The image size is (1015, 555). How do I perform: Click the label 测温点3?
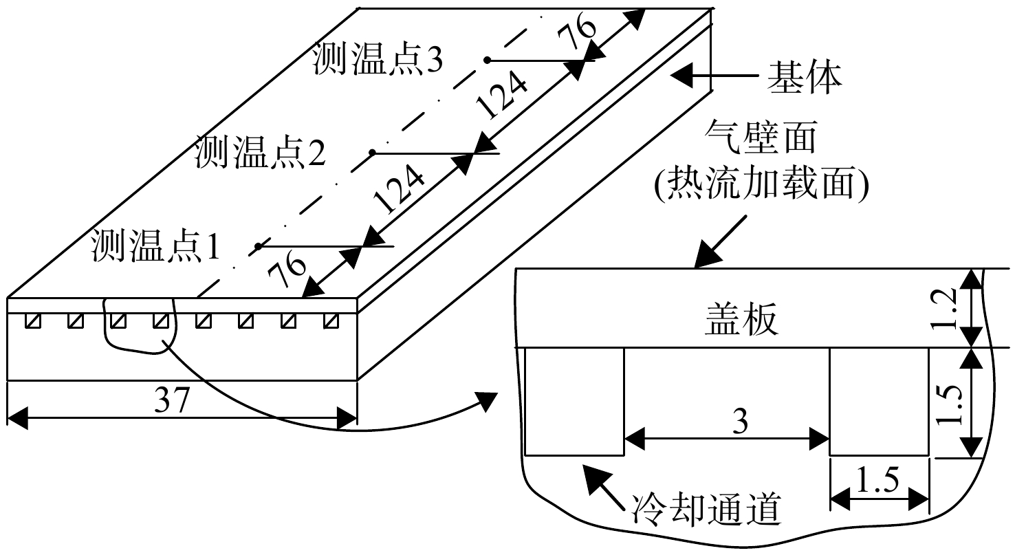coord(378,59)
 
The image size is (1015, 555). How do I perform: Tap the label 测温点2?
coord(260,152)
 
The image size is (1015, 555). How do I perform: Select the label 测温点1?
coord(156,245)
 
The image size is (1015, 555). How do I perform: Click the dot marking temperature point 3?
coord(487,60)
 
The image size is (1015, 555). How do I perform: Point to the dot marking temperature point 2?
coord(373,153)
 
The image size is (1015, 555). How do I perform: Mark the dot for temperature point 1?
coord(258,246)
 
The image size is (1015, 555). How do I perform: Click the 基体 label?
coord(805,78)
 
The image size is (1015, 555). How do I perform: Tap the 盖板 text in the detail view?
coord(742,319)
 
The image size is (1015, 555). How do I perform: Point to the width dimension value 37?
coord(172,399)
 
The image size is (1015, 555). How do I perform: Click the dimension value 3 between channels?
coord(740,421)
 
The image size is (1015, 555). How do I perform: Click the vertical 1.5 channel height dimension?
coord(948,404)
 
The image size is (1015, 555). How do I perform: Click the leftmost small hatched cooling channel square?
coord(32,321)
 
